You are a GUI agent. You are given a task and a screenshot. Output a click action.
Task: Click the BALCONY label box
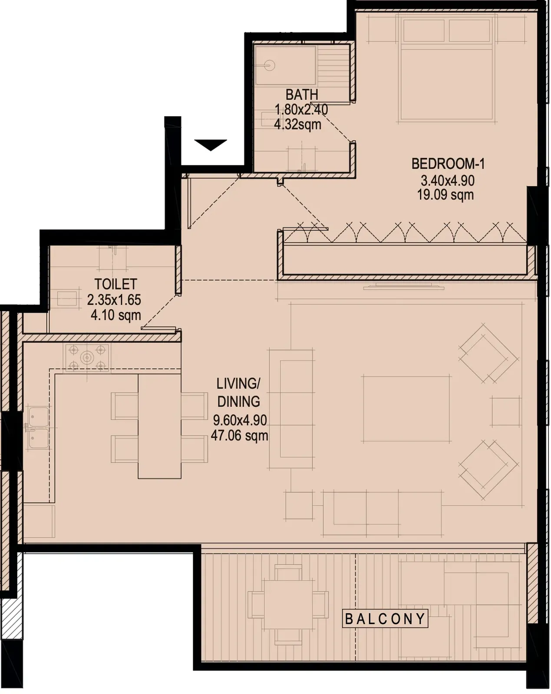[x=386, y=618]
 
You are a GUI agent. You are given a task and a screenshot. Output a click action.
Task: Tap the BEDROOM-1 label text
[x=448, y=164]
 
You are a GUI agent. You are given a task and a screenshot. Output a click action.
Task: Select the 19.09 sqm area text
[x=445, y=195]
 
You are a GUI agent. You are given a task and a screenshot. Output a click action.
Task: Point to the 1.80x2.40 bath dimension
[x=301, y=110]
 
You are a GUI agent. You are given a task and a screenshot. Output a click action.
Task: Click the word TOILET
[x=116, y=284]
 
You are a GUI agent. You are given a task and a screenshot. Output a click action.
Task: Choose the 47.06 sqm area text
[x=240, y=435]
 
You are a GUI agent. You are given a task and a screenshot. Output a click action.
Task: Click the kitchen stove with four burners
[x=87, y=357]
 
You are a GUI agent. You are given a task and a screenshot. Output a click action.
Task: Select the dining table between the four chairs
[x=159, y=426]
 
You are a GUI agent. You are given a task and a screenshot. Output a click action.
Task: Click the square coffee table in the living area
[x=406, y=409]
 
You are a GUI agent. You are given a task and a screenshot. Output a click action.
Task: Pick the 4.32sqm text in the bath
[x=297, y=124]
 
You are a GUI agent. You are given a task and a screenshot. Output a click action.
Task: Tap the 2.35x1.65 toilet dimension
[x=114, y=300]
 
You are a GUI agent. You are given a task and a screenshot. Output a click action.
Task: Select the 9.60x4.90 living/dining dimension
[x=240, y=420]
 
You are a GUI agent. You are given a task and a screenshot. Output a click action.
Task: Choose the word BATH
[x=302, y=95]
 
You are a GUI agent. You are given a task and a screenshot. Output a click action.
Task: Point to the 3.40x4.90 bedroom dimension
[x=448, y=180]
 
